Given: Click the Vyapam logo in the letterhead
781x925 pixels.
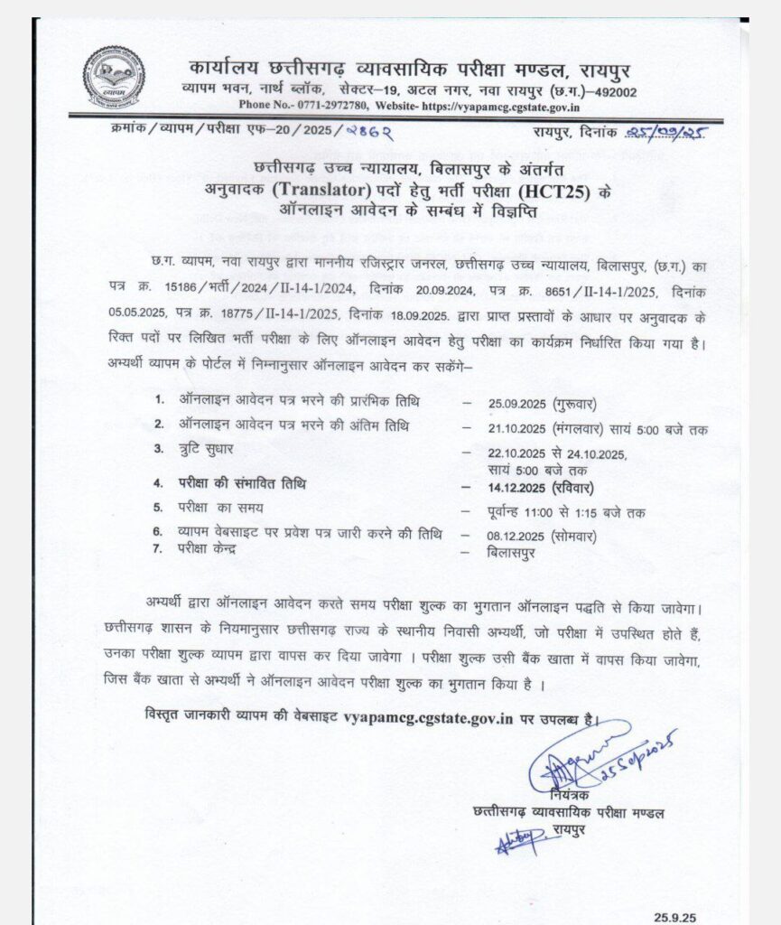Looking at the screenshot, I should pyautogui.click(x=114, y=78).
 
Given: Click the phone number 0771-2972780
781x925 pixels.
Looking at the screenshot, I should pyautogui.click(x=297, y=106).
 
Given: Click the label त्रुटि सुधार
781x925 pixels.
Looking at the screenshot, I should pyautogui.click(x=212, y=449).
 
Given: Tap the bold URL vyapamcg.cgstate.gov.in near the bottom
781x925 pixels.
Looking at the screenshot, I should pyautogui.click(x=429, y=719).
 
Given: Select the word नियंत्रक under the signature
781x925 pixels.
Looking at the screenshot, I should pyautogui.click(x=571, y=794).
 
